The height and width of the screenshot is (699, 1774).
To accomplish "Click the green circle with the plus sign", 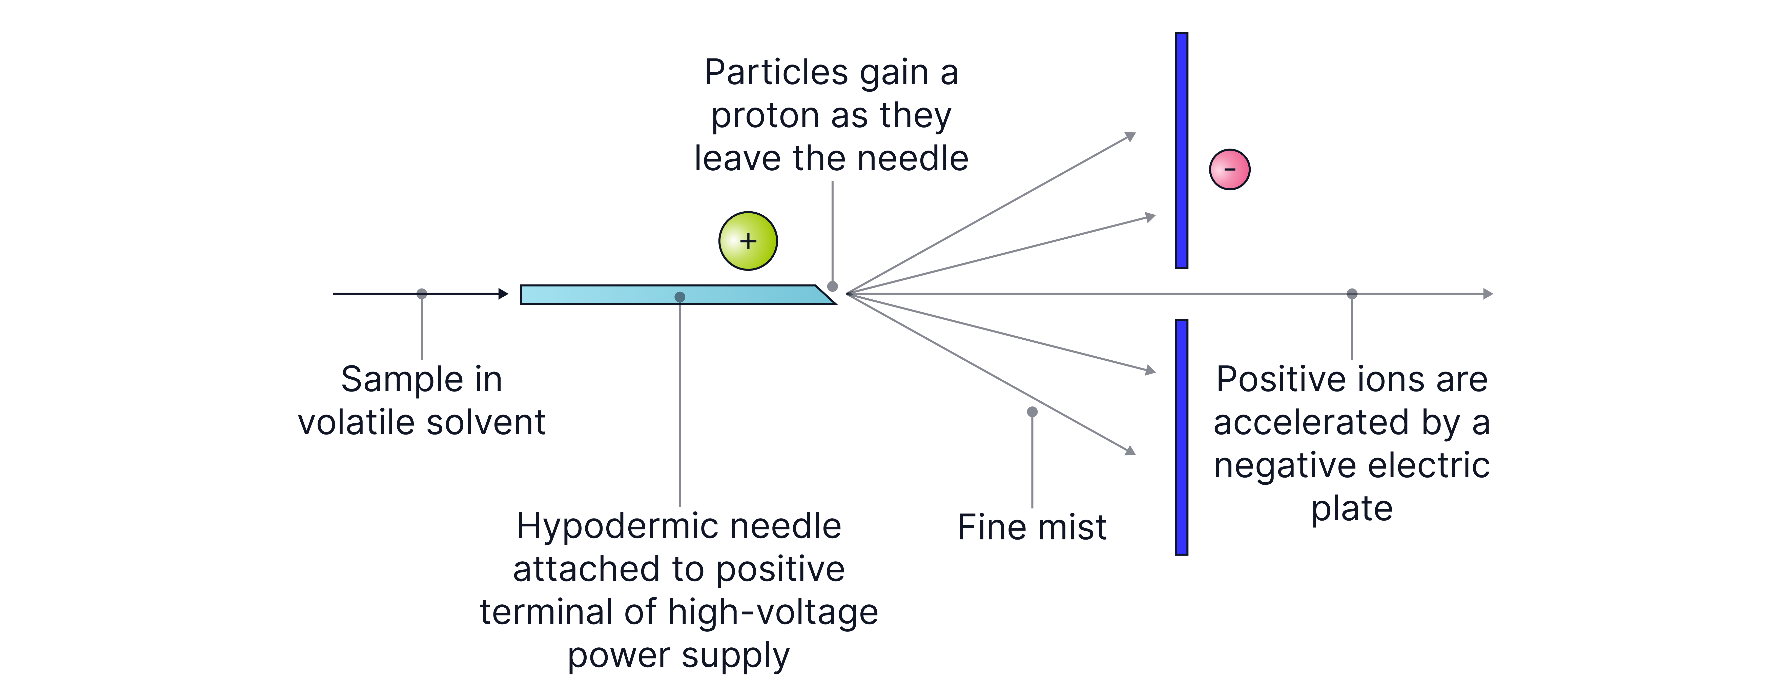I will click(x=748, y=241).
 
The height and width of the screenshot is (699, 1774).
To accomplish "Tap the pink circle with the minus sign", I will click(x=1229, y=169).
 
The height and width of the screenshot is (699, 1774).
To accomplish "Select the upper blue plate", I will click(x=1182, y=150).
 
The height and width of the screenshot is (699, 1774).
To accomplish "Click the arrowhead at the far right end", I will click(x=1488, y=294).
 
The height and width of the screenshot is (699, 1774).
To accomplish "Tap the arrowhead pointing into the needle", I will click(x=503, y=294).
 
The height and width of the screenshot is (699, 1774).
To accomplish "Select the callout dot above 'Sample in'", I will click(x=421, y=294).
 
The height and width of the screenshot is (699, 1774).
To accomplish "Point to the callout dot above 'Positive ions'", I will click(x=1352, y=294).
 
